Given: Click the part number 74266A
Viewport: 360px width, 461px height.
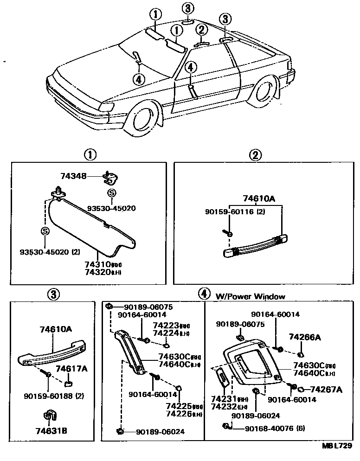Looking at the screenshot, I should (x=305, y=337).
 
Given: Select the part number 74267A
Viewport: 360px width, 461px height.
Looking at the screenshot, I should (x=326, y=389).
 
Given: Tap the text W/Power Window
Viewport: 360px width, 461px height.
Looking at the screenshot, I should (x=250, y=296).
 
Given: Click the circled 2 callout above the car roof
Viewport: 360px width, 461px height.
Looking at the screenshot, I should (x=201, y=30).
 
